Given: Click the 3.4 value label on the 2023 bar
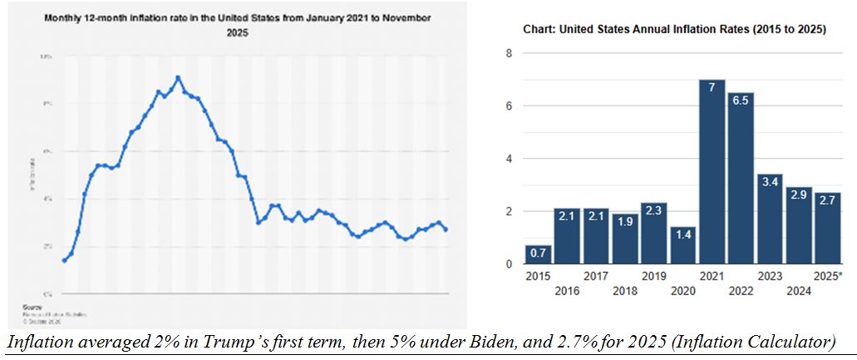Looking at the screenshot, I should (769, 183).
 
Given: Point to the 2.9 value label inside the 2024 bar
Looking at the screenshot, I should (797, 196).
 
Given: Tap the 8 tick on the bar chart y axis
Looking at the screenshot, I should (509, 53).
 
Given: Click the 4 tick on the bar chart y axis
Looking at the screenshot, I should (509, 159).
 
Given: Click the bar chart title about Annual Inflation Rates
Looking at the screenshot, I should (673, 29).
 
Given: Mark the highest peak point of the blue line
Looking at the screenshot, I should (178, 77).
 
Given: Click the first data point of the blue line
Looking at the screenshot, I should (65, 260).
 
